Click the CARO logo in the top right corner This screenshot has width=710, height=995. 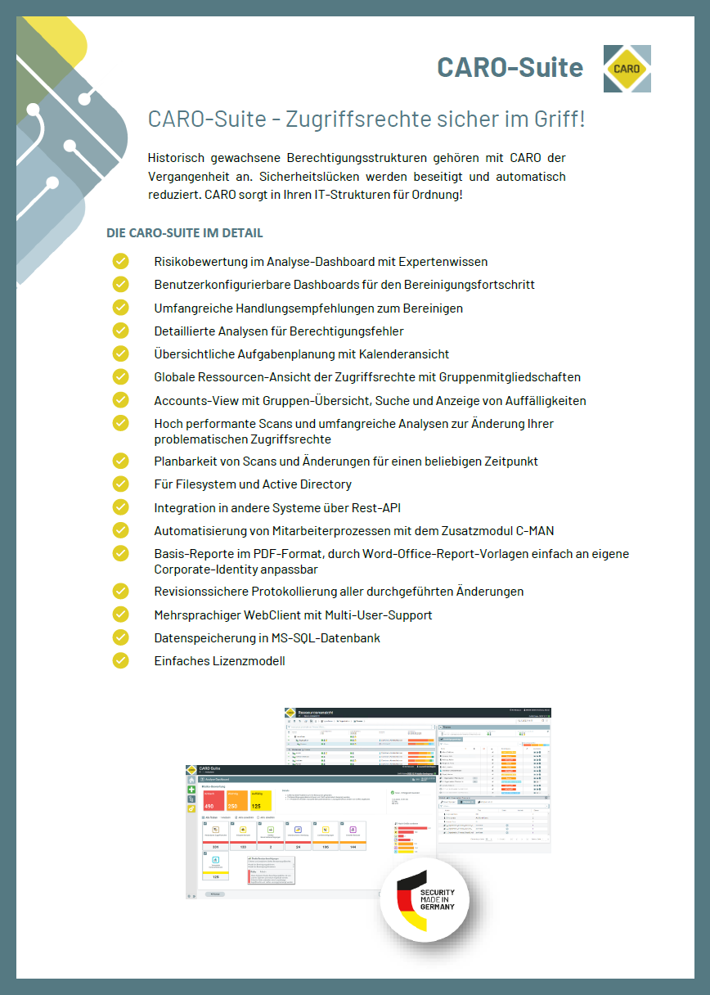(627, 69)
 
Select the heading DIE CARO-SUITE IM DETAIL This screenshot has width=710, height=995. (185, 233)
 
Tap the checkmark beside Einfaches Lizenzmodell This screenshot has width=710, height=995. (121, 660)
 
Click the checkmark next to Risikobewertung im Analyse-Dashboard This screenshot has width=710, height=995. (121, 261)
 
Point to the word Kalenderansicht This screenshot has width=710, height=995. (403, 354)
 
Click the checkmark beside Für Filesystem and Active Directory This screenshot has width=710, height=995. (121, 484)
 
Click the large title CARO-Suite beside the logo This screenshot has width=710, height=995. (510, 67)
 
